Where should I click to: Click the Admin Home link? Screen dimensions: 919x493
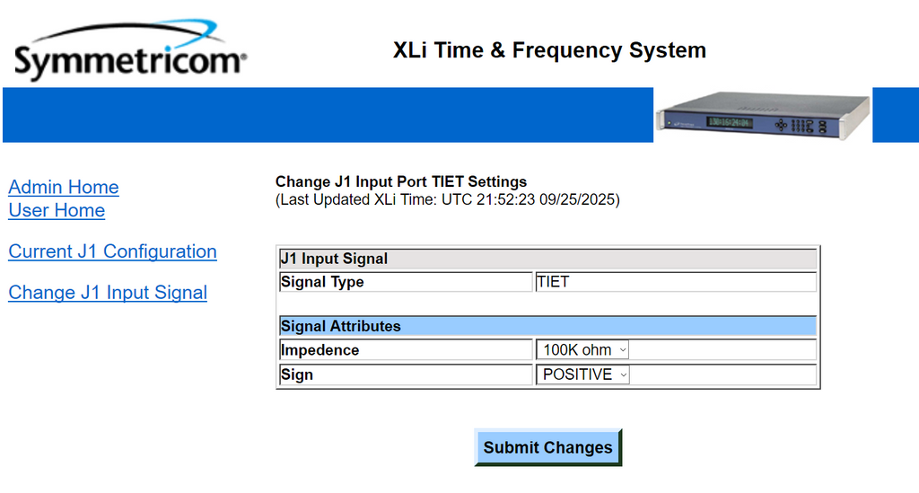64,187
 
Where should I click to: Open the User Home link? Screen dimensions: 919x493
57,210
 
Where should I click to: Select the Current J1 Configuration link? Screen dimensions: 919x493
112,251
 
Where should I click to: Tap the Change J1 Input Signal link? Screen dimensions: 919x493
108,293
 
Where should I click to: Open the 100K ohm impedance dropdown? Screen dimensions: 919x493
582,350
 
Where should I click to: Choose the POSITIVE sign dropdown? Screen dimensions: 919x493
583,374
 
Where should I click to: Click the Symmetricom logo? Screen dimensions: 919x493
130,49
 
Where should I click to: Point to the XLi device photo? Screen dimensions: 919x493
763,116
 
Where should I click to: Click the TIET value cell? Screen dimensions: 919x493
676,282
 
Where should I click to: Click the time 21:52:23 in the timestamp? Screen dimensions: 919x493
506,200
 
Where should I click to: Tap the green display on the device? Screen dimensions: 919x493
729,122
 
